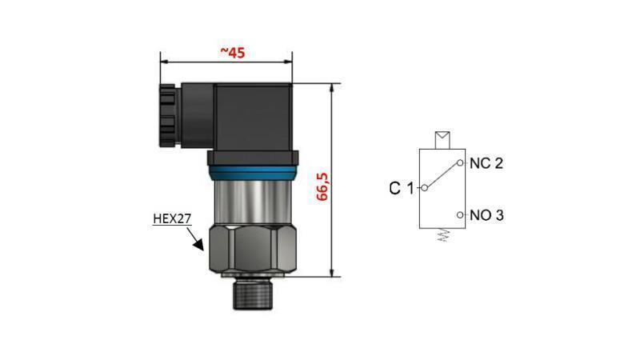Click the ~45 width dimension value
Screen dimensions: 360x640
point(232,53)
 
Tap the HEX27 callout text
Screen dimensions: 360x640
point(172,218)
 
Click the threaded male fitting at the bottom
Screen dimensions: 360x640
point(253,295)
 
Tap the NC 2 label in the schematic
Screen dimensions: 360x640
point(486,163)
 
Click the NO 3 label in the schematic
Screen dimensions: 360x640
point(486,215)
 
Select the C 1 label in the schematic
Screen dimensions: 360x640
point(401,189)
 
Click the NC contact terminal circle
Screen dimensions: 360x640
point(461,163)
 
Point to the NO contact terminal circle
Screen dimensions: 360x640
point(461,215)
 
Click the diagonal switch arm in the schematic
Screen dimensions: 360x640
point(442,176)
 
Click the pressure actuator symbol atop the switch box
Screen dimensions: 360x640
point(441,139)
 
